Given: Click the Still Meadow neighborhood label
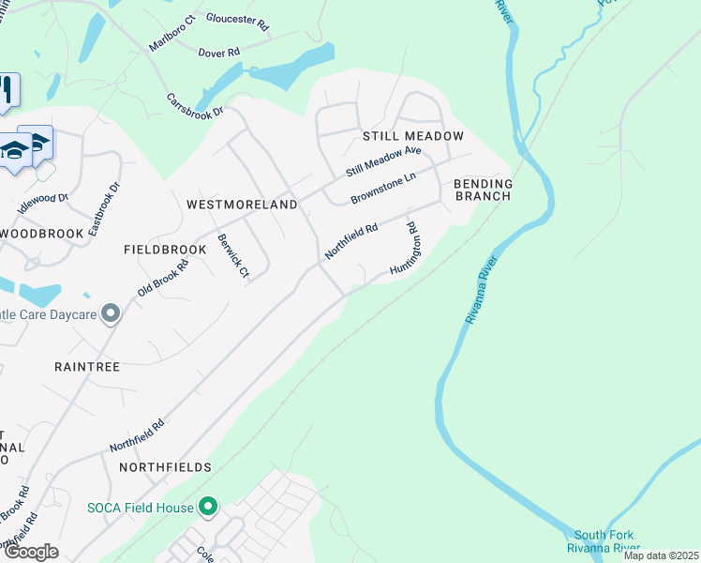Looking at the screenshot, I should (x=412, y=136).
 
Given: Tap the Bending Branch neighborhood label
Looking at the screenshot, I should (x=483, y=190).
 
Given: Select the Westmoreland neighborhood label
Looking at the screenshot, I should (x=242, y=204).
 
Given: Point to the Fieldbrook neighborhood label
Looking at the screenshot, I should (x=164, y=251).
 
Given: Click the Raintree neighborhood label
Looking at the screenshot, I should (x=87, y=367).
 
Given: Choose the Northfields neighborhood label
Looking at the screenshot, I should (x=165, y=466).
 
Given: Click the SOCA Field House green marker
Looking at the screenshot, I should (x=208, y=508).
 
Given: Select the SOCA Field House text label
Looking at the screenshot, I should (x=141, y=508).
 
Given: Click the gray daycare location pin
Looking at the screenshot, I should (x=112, y=313).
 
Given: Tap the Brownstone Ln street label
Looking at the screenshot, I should (x=382, y=190).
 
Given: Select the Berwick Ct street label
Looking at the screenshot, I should (x=233, y=256).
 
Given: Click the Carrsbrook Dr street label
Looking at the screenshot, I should (x=195, y=104).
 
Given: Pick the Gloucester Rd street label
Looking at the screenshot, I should (x=237, y=22).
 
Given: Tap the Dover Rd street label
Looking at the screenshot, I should (x=219, y=53).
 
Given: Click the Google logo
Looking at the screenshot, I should (x=31, y=552).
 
